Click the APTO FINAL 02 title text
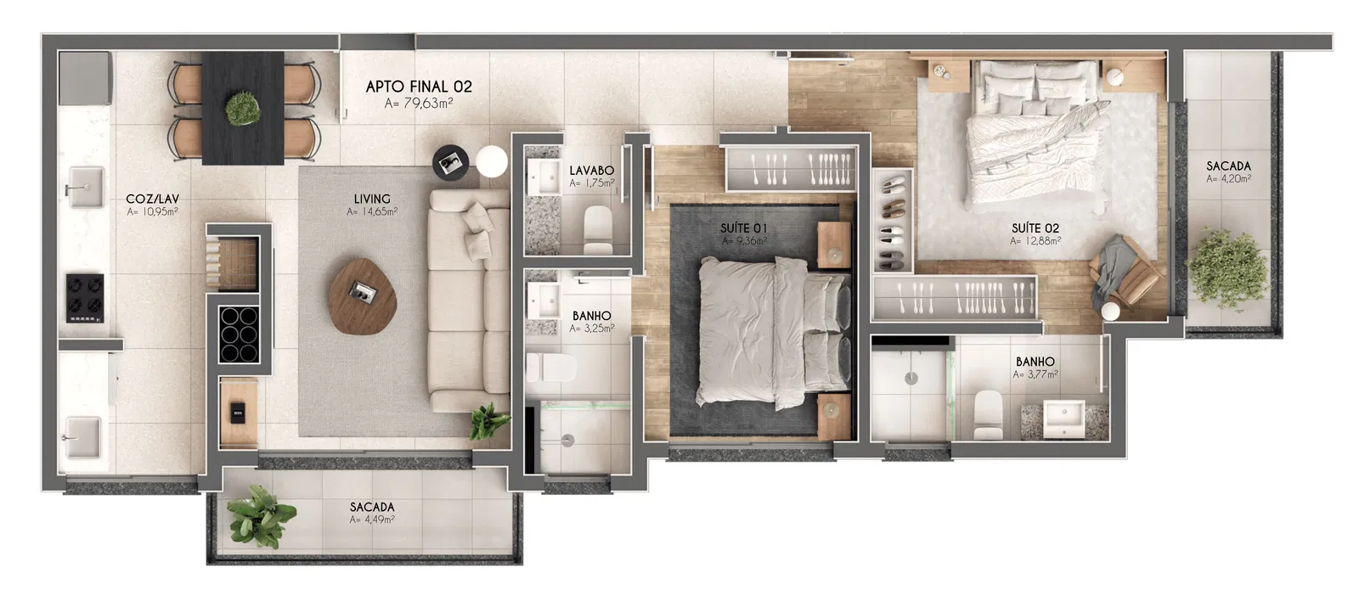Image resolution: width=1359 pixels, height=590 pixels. click(419, 87)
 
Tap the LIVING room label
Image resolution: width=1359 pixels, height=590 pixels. click(372, 199)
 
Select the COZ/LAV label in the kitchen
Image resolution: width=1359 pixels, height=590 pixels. click(152, 199)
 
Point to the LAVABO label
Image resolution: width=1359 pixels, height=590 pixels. click(591, 171)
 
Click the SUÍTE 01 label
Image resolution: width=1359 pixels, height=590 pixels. click(744, 228)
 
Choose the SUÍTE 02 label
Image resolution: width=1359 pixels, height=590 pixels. click(1035, 228)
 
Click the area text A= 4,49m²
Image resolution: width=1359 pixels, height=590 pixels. click(372, 520)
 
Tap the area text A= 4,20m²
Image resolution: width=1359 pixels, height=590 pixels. click(1228, 179)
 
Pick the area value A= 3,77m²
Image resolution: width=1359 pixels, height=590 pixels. click(1035, 374)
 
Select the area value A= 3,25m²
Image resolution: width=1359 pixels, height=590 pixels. click(591, 329)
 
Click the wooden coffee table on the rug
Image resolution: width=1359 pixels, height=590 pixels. click(363, 296)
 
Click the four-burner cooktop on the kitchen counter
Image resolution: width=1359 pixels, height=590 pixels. click(85, 298)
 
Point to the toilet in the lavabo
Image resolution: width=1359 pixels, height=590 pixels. click(598, 230)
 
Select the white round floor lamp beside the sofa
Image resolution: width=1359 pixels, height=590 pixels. click(491, 161)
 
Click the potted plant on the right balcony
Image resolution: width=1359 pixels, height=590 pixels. click(1227, 269)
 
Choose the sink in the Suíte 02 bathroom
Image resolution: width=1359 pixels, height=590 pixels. click(1063, 418)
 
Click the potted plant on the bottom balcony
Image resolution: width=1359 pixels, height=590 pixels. click(261, 514)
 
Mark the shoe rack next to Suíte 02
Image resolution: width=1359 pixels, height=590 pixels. click(893, 221)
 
